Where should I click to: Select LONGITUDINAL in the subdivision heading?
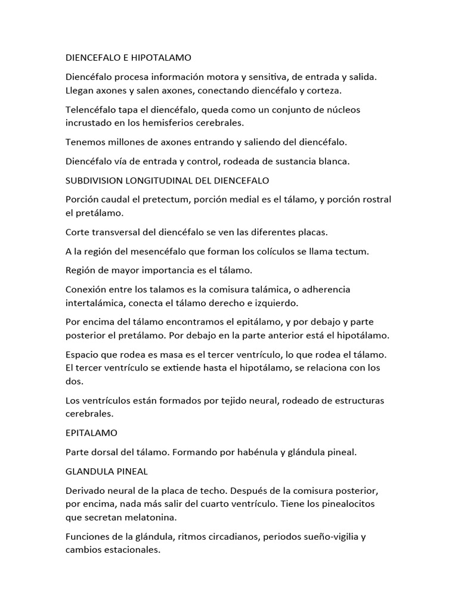[x=161, y=180]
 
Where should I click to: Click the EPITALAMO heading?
[x=91, y=433]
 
